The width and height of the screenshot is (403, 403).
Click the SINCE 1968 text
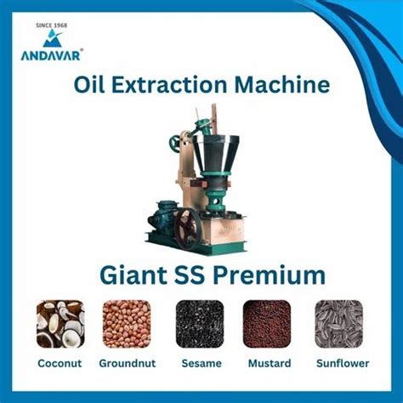[x=52, y=26]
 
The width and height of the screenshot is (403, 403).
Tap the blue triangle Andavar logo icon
[x=53, y=38]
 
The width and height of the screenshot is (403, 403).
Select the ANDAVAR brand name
[x=51, y=55]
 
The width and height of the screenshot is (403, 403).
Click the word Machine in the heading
[x=282, y=84]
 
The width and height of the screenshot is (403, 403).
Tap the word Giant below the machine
[x=133, y=275]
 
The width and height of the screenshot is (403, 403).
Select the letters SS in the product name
[x=190, y=275]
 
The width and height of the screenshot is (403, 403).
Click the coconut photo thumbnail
[x=60, y=324]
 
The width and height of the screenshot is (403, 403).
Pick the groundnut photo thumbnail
[x=127, y=324]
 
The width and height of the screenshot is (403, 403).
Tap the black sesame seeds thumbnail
[x=200, y=324]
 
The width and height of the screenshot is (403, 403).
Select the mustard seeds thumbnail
[x=267, y=324]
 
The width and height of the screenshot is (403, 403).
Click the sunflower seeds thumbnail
[x=339, y=324]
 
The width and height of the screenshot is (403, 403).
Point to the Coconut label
[x=60, y=363]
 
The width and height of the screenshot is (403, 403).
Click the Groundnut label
[x=128, y=363]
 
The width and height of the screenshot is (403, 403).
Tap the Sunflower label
[x=343, y=363]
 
